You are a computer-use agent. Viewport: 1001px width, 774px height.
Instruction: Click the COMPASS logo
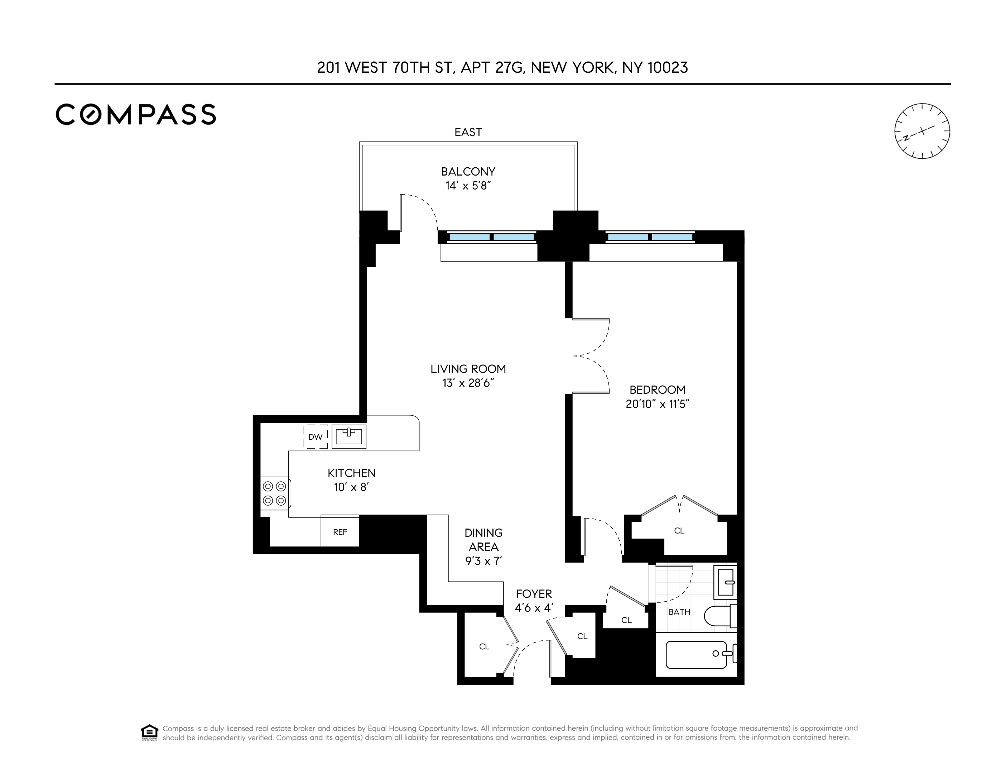[x=136, y=114]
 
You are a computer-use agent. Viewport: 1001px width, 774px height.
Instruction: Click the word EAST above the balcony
[x=468, y=133]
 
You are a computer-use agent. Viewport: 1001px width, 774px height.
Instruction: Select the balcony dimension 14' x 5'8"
[x=468, y=186]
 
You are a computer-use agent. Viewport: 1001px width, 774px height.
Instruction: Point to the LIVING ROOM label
[x=468, y=369]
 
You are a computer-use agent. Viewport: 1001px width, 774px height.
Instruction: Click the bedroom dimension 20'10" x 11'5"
[x=657, y=404]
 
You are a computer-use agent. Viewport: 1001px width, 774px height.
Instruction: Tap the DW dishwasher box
[x=315, y=436]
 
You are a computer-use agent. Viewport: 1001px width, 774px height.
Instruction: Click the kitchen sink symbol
[x=349, y=436]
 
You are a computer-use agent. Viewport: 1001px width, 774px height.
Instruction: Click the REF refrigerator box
[x=340, y=532]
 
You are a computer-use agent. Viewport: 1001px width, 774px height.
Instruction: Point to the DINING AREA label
[x=483, y=540]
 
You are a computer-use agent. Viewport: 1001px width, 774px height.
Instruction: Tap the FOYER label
[x=534, y=594]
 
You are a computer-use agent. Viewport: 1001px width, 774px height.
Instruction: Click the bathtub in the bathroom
[x=696, y=654]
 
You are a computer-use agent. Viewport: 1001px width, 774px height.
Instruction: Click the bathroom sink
[x=726, y=582]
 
